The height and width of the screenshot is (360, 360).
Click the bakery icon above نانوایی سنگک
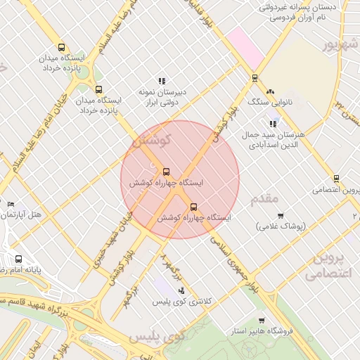click(270, 91)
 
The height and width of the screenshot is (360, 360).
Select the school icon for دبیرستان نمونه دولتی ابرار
click(162, 81)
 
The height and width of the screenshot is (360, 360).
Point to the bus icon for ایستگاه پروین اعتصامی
click(337, 179)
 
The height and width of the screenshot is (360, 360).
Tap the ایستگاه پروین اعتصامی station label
click(335, 190)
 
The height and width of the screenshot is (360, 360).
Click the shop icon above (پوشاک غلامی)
click(281, 216)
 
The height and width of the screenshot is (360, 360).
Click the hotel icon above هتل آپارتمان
click(10, 204)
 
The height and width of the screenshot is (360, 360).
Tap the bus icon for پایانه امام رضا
click(18, 259)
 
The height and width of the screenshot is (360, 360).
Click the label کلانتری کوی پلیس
click(182, 302)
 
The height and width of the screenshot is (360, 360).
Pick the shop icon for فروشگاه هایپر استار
click(262, 320)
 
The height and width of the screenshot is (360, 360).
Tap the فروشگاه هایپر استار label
click(262, 330)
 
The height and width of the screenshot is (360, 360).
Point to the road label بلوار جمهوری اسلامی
click(237, 267)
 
